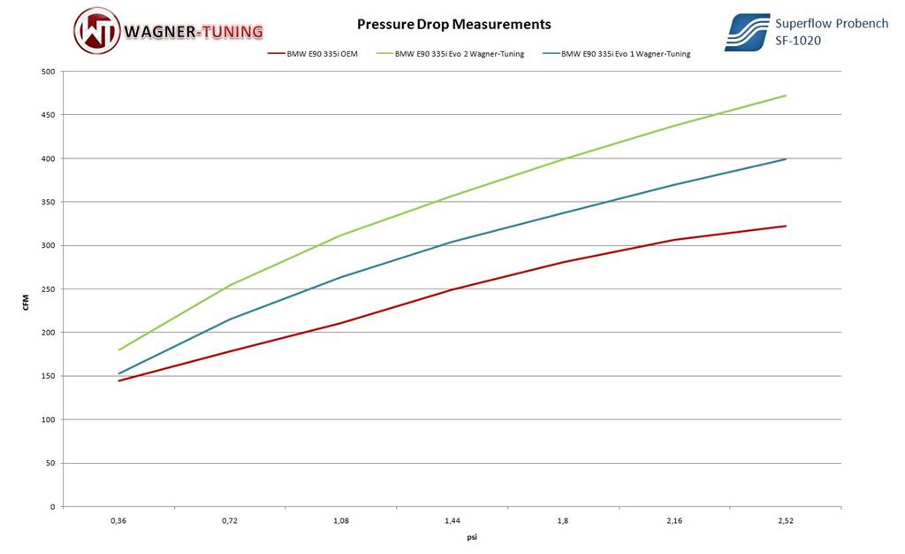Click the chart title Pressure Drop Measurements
pyautogui.click(x=453, y=25)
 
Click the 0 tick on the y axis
pyautogui.click(x=54, y=507)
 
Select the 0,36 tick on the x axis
pyautogui.click(x=118, y=521)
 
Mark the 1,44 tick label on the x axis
pyautogui.click(x=452, y=521)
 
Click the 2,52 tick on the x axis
pyautogui.click(x=786, y=521)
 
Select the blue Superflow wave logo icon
pyautogui.click(x=747, y=32)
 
